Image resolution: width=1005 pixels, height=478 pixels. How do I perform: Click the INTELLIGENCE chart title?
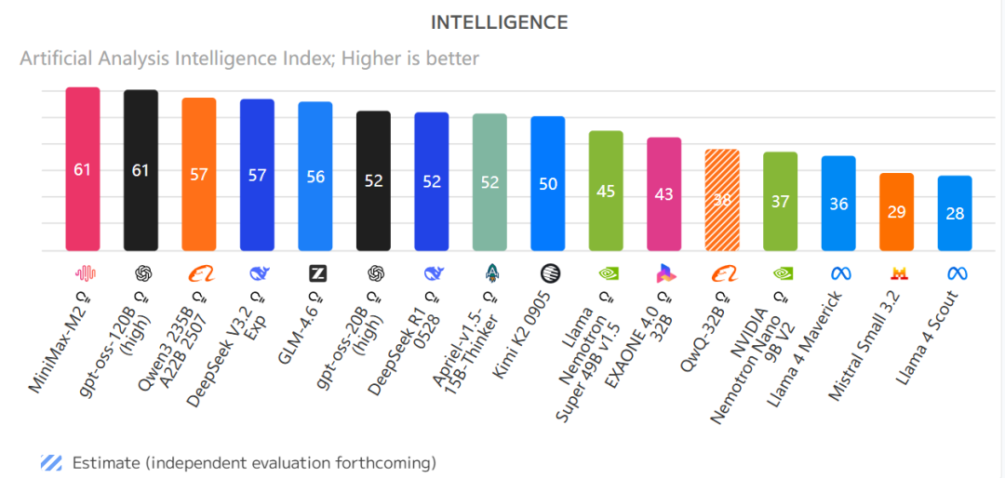500,22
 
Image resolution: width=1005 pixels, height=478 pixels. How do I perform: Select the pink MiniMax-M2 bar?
83,169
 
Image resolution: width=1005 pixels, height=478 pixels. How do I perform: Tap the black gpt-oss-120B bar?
141,170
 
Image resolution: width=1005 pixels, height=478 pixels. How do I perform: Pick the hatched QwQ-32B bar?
722,199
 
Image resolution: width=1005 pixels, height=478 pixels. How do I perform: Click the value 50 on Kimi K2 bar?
548,184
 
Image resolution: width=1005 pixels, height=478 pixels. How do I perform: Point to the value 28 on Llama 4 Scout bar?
955,213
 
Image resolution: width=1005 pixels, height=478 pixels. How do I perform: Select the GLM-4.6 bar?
315,176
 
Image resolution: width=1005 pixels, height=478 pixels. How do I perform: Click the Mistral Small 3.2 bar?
896,211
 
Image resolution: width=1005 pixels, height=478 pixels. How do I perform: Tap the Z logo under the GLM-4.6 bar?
317,273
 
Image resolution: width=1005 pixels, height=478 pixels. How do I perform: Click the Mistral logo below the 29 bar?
899,273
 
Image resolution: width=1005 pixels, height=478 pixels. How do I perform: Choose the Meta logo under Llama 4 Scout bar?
957,273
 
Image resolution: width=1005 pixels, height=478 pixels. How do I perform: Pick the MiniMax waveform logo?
85,273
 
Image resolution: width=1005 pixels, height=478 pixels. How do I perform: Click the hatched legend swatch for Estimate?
51,462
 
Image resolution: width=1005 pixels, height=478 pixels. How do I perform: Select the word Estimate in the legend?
105,462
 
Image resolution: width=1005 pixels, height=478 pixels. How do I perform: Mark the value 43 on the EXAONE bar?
664,194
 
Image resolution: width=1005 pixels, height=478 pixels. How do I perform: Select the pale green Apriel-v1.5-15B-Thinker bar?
489,181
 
